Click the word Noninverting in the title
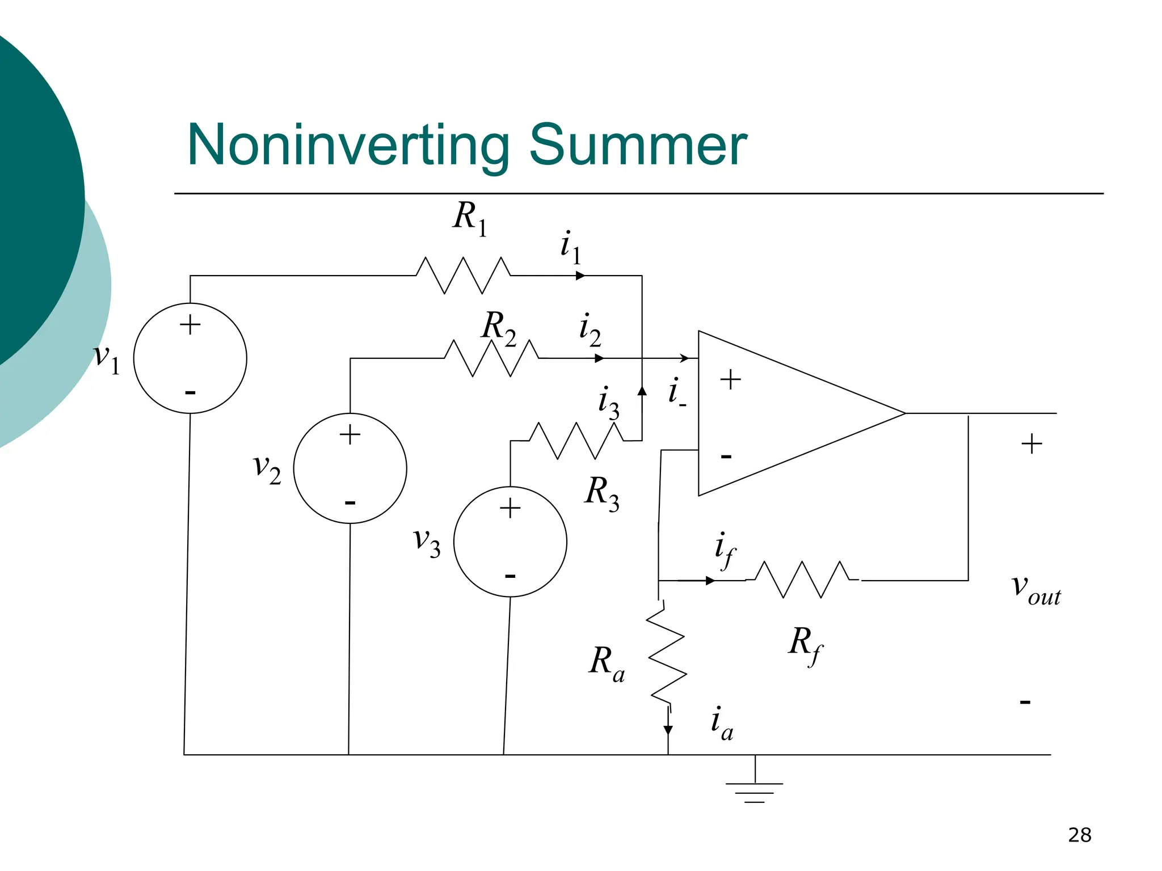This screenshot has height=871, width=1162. coord(348,146)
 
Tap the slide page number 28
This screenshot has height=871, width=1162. coord(1079,835)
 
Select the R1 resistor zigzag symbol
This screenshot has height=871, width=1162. coord(463,276)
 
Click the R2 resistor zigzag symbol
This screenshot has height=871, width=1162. coord(491,358)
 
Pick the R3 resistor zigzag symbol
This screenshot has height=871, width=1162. coord(576,441)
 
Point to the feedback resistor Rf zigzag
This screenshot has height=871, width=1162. coord(802,580)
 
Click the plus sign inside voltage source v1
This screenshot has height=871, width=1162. coord(190,325)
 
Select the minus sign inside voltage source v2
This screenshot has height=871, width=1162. coord(350,502)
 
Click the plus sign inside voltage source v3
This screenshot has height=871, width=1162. coord(510,508)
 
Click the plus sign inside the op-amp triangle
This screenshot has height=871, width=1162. coord(730,379)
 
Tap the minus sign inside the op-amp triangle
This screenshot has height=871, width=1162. coord(726,456)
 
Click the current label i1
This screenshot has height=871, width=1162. coord(571,248)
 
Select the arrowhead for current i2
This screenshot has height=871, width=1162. coord(599,358)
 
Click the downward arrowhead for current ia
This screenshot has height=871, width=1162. coord(668,730)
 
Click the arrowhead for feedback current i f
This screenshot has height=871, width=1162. coord(710,581)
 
